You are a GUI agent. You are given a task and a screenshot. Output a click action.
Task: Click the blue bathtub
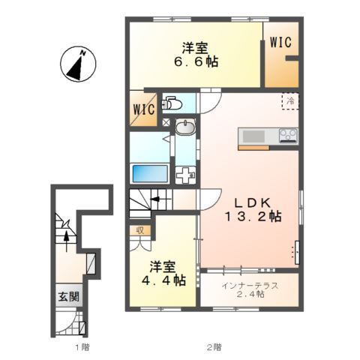(150, 173)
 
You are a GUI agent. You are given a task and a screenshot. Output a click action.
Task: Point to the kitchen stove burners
(288, 135)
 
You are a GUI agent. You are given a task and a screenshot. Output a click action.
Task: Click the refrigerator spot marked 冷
(289, 100)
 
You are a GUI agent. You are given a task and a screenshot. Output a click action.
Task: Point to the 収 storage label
(140, 230)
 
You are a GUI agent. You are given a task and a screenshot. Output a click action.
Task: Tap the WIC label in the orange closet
(282, 41)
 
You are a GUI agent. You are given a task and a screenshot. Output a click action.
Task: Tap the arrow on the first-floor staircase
(68, 238)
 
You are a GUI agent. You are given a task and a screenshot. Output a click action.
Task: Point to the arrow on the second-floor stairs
(155, 199)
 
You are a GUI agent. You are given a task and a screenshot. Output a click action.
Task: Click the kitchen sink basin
(253, 135)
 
